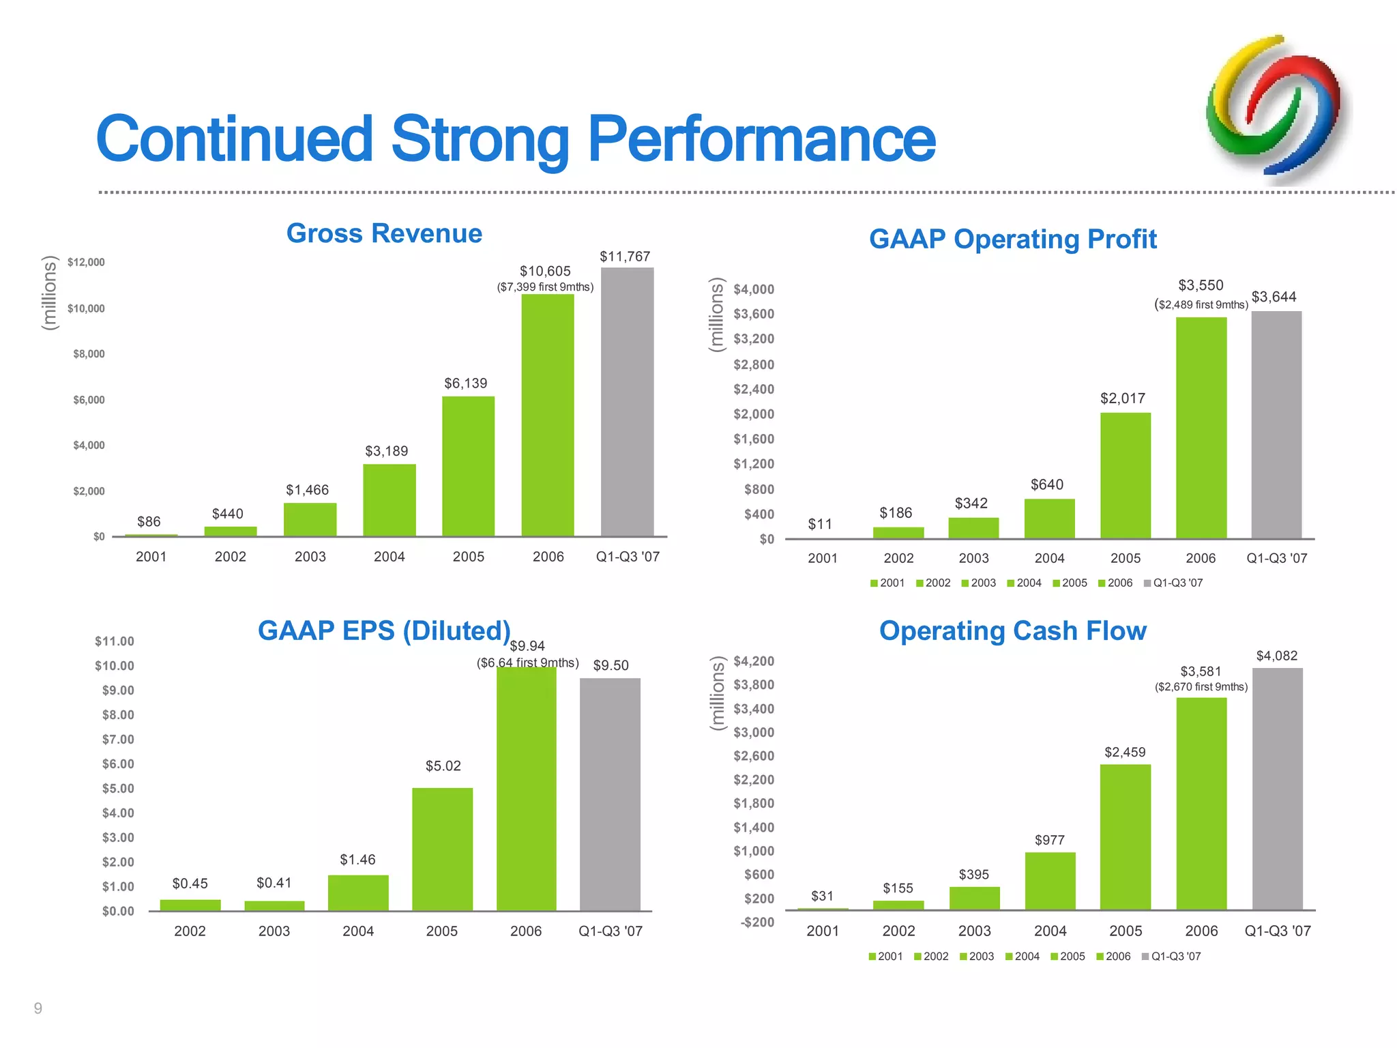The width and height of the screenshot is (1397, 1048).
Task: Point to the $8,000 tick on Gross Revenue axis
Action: click(x=89, y=353)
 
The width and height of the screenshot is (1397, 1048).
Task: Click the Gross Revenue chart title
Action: click(x=384, y=233)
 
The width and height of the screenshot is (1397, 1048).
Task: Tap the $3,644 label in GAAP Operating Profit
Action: click(x=1274, y=297)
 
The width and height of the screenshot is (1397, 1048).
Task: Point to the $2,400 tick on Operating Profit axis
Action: click(x=753, y=389)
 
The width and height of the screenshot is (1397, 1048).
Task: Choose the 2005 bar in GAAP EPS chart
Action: click(x=442, y=849)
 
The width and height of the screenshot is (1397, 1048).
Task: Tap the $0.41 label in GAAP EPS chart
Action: click(x=274, y=883)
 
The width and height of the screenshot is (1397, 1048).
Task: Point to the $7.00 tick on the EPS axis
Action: click(x=117, y=740)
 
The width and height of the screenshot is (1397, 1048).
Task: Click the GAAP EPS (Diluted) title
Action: click(x=384, y=630)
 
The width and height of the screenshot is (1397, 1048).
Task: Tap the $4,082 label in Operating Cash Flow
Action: click(x=1276, y=656)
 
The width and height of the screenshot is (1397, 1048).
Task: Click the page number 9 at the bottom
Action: click(x=38, y=1008)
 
